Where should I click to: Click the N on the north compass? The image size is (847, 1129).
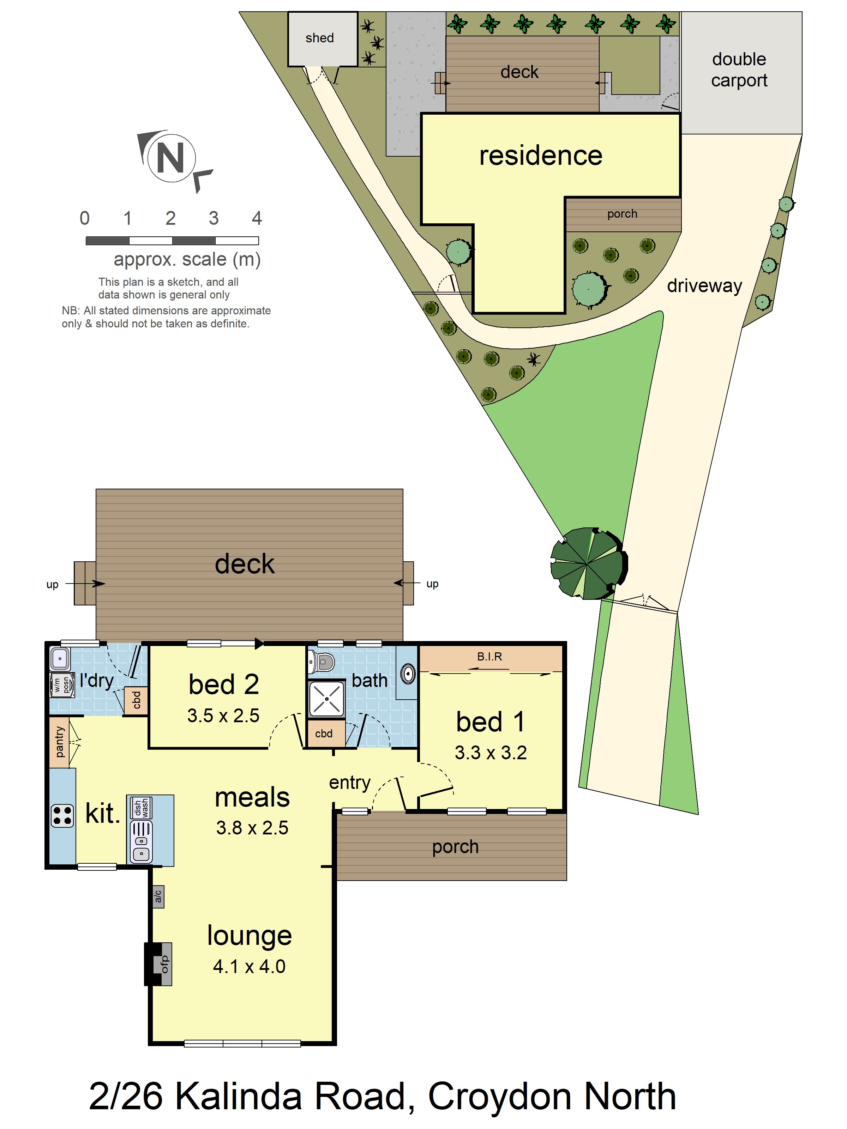point(170,158)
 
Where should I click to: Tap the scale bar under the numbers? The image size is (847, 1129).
point(172,240)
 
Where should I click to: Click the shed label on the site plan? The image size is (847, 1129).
point(320,38)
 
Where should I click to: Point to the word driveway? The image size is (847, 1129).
point(704,285)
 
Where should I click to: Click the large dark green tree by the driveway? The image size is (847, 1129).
point(589,563)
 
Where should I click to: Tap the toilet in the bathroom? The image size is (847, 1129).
point(321,662)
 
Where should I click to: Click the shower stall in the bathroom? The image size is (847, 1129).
point(326,699)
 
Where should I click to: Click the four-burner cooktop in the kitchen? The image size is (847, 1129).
point(62,815)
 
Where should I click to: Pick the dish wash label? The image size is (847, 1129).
point(141,808)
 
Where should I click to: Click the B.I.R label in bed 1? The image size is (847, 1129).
point(489,656)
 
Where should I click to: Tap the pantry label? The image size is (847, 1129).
point(59,742)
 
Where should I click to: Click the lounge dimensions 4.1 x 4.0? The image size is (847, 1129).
point(249,966)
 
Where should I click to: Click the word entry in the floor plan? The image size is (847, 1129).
point(350,783)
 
